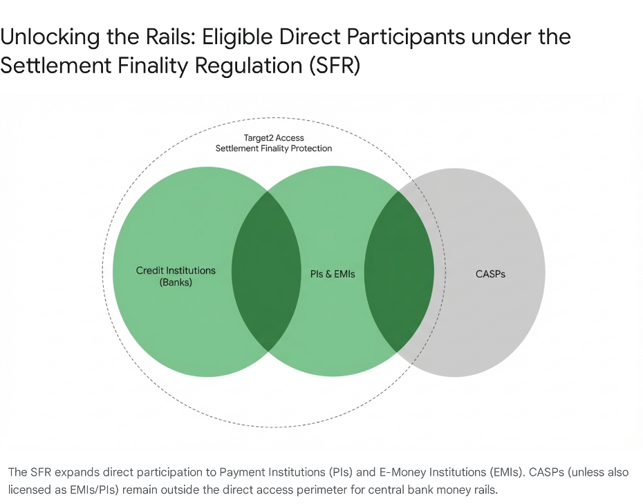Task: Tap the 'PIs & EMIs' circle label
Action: (333, 274)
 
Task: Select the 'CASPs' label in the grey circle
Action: (490, 274)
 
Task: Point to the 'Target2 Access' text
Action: (274, 137)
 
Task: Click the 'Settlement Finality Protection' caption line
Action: (274, 148)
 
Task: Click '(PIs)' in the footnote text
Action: (345, 473)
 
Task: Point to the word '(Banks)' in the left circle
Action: (176, 282)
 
